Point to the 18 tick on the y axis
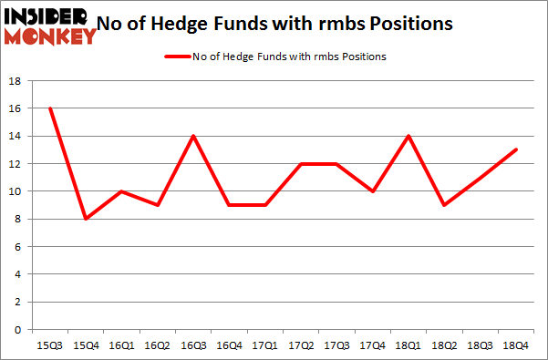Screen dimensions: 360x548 click(x=15, y=81)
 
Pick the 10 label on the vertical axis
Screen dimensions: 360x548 click(x=15, y=191)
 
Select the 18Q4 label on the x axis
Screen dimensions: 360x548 click(x=513, y=345)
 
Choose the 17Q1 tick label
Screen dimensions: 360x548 click(x=265, y=345)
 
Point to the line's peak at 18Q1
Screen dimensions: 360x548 click(x=408, y=136)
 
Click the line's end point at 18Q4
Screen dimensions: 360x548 click(x=513, y=149)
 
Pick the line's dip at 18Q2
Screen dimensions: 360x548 click(x=443, y=205)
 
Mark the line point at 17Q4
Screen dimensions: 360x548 click(x=372, y=191)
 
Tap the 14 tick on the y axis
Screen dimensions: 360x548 click(x=15, y=137)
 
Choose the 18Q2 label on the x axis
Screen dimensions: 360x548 click(x=443, y=345)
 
